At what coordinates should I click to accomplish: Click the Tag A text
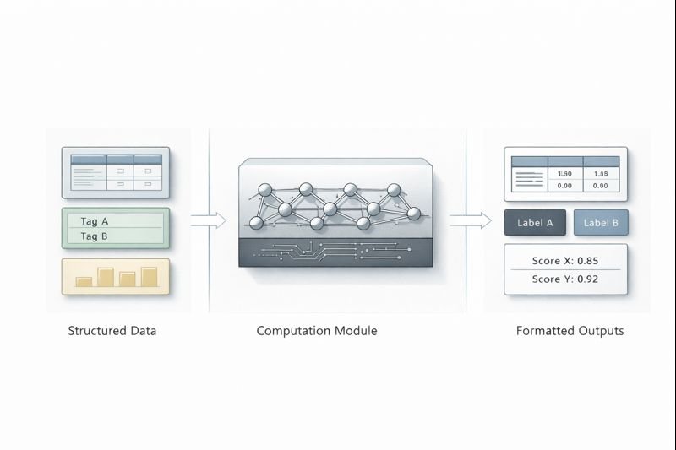pos(95,221)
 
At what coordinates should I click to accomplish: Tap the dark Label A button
pos(533,223)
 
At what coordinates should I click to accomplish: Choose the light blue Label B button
pos(601,223)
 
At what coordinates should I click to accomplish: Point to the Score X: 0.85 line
pos(565,260)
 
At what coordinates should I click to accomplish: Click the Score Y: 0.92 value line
pos(565,279)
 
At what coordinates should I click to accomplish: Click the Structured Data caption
pos(112,331)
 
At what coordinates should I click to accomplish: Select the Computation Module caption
pos(317,331)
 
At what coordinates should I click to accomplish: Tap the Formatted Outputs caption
pos(570,331)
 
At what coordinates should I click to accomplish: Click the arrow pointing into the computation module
pos(209,220)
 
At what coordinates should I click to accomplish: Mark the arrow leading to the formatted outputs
pos(470,220)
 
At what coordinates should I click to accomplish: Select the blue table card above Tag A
pos(116,172)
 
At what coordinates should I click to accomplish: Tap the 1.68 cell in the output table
pos(601,173)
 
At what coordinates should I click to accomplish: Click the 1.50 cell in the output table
pos(565,173)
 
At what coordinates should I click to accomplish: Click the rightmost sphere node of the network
pos(415,214)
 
